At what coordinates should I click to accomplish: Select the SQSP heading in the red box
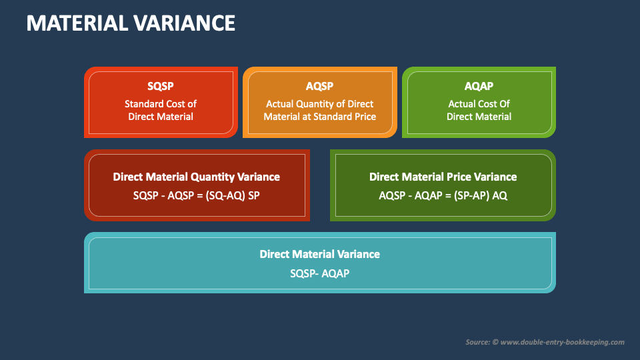161,86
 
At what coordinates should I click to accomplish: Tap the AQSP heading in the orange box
319,86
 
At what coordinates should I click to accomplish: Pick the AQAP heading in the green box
479,86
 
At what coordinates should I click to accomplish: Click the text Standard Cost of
161,104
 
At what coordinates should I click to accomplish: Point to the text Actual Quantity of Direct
319,104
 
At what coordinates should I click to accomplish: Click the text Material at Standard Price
319,117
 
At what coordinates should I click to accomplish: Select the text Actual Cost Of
479,104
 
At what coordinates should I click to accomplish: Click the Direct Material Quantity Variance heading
196,177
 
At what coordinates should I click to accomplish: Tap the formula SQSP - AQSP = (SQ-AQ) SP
196,195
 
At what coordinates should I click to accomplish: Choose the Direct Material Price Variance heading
443,177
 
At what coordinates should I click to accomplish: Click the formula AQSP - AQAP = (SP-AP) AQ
443,195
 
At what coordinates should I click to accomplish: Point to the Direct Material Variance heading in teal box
319,254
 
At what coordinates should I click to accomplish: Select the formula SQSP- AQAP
319,273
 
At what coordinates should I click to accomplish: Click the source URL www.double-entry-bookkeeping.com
562,342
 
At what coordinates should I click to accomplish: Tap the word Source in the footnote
477,342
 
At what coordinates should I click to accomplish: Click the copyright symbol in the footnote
495,342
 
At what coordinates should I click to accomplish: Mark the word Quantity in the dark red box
212,177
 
